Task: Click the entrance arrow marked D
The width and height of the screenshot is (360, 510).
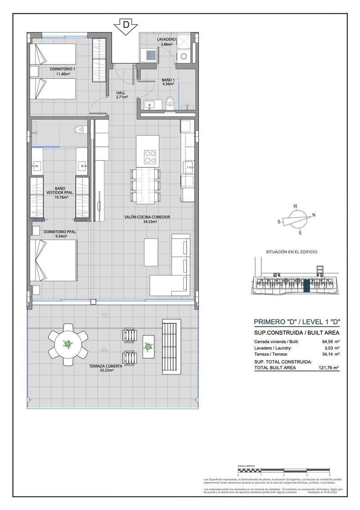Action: (125, 27)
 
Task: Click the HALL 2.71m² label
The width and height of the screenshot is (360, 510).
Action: (121, 95)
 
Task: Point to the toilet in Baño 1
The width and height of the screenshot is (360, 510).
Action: (170, 103)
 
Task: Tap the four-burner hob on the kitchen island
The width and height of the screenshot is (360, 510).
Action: (150, 157)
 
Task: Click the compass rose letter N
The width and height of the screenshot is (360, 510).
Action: (314, 215)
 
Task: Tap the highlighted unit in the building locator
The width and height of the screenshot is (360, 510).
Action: (306, 286)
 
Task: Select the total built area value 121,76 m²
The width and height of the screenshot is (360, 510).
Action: (329, 367)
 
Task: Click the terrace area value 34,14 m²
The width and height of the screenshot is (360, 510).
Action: (331, 354)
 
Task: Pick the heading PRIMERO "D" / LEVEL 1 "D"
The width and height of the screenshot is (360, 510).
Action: (297, 322)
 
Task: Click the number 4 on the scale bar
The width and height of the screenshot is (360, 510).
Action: (330, 475)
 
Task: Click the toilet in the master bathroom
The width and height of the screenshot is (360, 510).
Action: (80, 130)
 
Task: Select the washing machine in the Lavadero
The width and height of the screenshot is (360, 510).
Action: (184, 56)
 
